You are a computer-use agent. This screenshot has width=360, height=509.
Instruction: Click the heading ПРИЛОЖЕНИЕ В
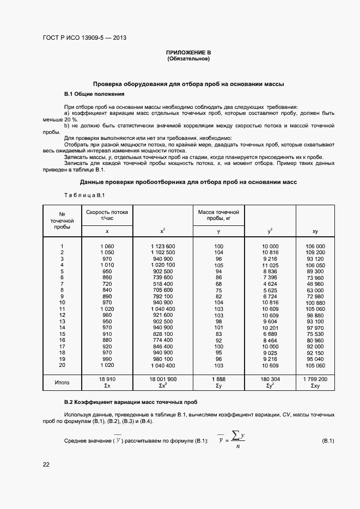click(188, 52)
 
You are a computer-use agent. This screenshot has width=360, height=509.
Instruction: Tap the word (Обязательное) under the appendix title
click(188, 58)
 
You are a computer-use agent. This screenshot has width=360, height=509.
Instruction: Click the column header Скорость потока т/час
click(107, 214)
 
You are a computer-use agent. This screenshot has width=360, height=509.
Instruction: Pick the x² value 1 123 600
click(163, 246)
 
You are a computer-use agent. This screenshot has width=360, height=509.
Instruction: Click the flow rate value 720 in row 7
click(107, 284)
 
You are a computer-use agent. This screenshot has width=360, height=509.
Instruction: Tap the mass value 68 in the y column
click(218, 284)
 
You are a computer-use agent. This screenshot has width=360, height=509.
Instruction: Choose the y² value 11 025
click(270, 265)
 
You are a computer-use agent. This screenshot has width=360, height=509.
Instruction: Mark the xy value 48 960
click(315, 284)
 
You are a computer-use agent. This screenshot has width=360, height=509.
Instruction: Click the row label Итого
click(62, 383)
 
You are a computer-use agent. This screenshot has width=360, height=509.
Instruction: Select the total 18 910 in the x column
click(107, 379)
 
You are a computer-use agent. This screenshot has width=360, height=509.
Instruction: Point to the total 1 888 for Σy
click(218, 379)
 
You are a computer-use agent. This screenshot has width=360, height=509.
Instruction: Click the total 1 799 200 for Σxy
click(315, 379)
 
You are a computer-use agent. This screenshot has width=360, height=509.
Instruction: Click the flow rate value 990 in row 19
click(107, 359)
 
